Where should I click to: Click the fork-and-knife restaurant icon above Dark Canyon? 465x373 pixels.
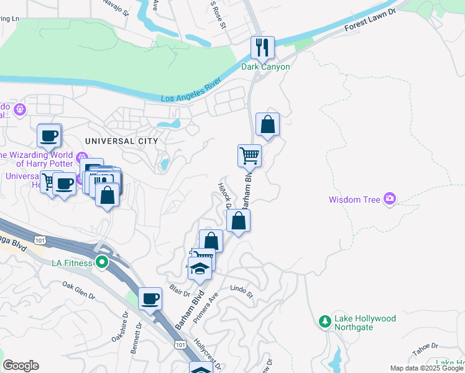pyautogui.click(x=262, y=47)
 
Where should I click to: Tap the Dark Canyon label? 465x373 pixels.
pyautogui.click(x=265, y=67)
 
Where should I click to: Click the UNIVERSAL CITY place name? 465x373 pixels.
pyautogui.click(x=113, y=141)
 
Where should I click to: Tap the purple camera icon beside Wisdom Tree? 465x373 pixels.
pyautogui.click(x=390, y=199)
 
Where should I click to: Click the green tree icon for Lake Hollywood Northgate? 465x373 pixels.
pyautogui.click(x=324, y=321)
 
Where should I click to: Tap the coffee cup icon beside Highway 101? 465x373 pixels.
pyautogui.click(x=150, y=298)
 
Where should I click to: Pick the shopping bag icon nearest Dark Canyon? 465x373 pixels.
pyautogui.click(x=267, y=124)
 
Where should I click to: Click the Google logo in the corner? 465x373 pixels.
pyautogui.click(x=21, y=366)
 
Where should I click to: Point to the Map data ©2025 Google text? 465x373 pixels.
pyautogui.click(x=426, y=368)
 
